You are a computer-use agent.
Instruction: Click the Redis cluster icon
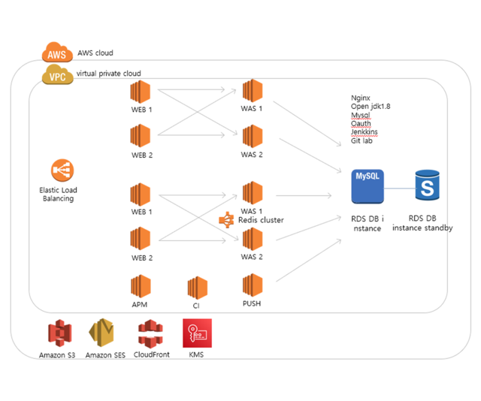pos(226,220)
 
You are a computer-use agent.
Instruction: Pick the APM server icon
pos(141,286)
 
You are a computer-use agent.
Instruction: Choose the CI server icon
pos(197,288)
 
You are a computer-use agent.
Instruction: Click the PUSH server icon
pos(252,285)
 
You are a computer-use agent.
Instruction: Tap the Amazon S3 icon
pos(57,333)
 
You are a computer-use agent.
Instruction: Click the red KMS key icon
pos(197,333)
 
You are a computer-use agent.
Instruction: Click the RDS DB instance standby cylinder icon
pos(427,185)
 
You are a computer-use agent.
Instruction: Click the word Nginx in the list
pos(362,98)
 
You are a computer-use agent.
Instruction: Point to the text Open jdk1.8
pos(371,107)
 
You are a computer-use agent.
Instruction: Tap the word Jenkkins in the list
pos(365,132)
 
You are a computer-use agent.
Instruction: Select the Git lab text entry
pos(362,140)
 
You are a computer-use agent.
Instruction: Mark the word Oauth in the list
pos(361,124)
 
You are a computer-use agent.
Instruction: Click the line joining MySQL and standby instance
pos(399,188)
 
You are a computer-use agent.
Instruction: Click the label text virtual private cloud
pos(108,74)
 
